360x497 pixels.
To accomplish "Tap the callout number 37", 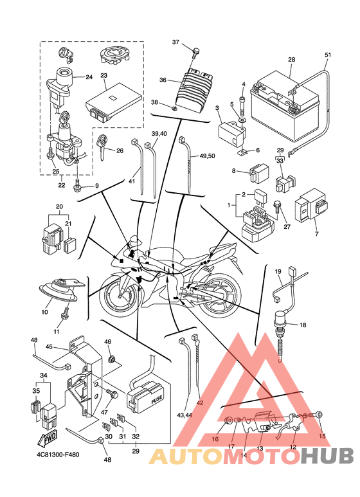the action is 176,42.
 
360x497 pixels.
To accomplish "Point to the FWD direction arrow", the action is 47,438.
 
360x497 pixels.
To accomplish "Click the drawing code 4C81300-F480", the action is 57,455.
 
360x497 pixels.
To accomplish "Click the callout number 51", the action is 328,55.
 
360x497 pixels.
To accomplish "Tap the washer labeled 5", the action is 242,121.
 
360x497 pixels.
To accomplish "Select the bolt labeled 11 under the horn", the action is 65,314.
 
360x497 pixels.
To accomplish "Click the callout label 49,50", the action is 207,156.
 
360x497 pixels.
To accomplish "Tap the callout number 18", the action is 303,325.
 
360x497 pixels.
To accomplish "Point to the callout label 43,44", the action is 184,415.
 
